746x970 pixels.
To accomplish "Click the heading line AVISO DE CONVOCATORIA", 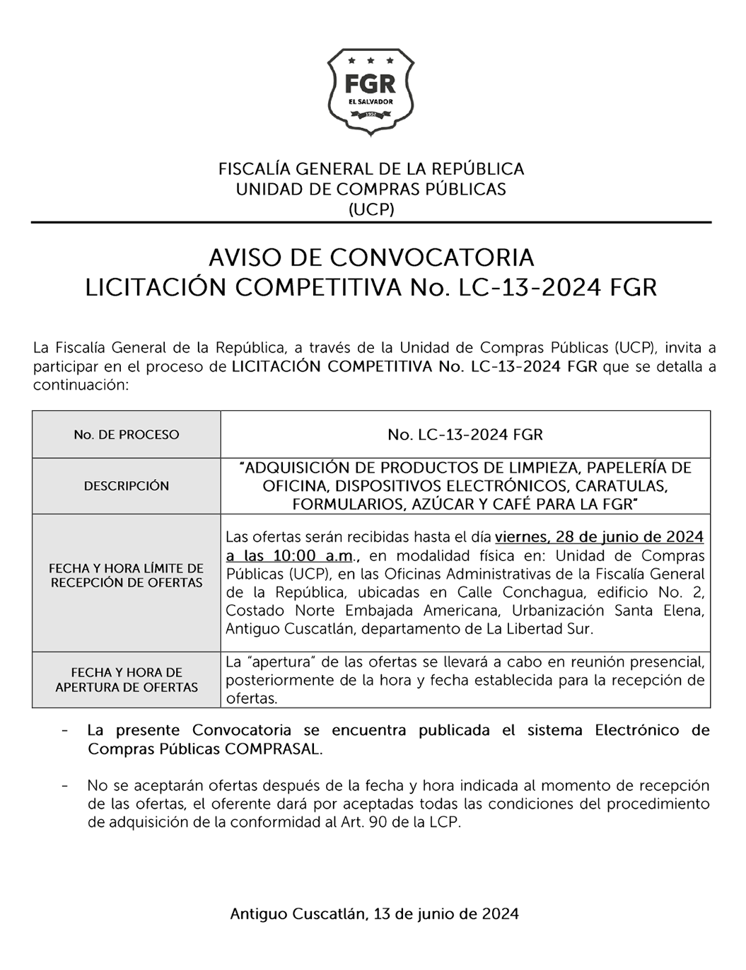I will coord(371,256).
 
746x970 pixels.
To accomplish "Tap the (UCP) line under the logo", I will coord(371,209).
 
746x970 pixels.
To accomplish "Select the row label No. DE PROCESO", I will coord(127,434).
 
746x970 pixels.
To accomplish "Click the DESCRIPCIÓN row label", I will coord(127,486).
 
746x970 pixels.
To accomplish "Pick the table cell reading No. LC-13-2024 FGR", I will coord(465,434).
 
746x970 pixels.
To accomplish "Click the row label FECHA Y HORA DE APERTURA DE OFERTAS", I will coord(127,680).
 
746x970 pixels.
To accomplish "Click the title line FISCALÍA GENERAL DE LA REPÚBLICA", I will coord(371,169).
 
